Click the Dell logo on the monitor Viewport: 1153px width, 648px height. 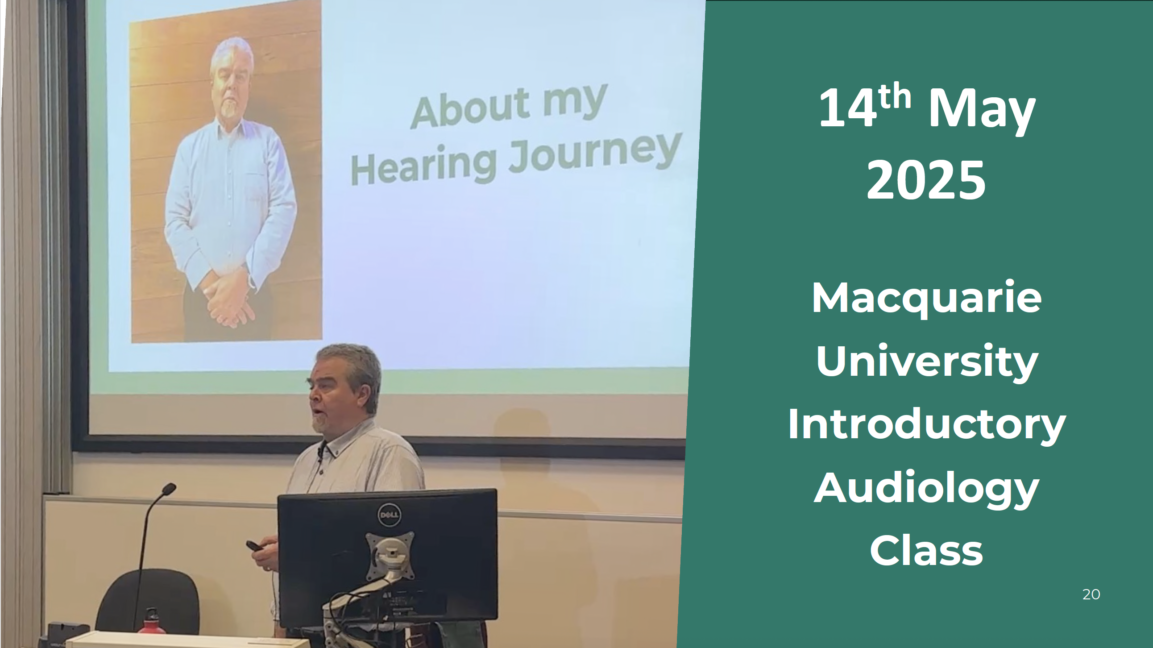[389, 515]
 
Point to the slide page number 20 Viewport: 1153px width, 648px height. [1091, 594]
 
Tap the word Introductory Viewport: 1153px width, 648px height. [926, 425]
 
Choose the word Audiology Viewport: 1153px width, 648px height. [926, 489]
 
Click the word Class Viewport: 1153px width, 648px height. [926, 551]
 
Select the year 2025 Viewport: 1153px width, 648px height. [926, 180]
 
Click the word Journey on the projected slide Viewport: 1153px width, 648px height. [595, 153]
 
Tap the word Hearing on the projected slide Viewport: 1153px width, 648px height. [424, 166]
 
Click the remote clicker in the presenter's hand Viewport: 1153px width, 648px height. [255, 546]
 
